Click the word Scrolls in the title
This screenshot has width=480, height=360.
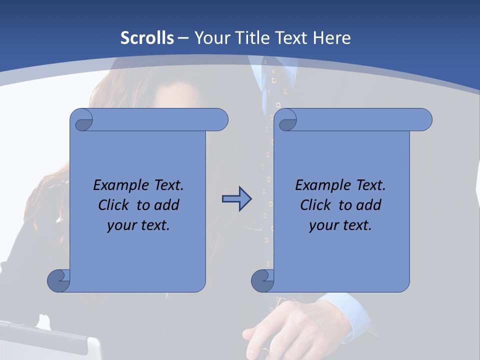[x=147, y=38]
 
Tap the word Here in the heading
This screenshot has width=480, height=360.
[x=331, y=38]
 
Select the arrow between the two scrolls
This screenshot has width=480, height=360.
[x=236, y=199]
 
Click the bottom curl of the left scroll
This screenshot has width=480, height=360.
[x=58, y=280]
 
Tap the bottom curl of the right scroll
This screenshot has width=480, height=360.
[x=262, y=280]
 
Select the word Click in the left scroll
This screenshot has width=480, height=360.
[x=114, y=205]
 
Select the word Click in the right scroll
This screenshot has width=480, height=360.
[x=315, y=205]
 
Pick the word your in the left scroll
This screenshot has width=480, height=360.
[x=121, y=225]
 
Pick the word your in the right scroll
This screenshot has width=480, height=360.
[x=323, y=225]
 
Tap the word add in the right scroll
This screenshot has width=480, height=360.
[x=369, y=205]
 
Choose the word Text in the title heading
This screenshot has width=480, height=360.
[x=290, y=38]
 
